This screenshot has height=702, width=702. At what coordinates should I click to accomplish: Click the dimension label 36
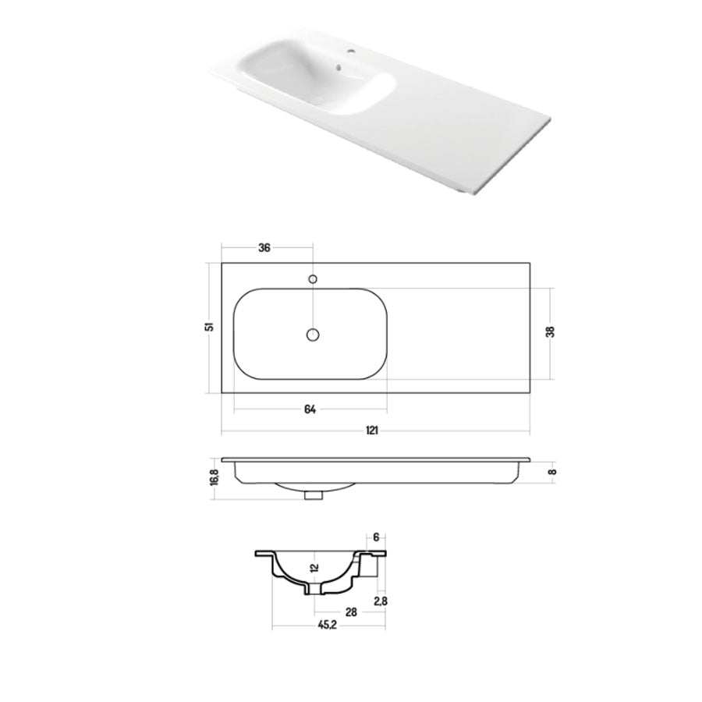pyautogui.click(x=264, y=248)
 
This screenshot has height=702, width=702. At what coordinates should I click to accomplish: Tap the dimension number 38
pyautogui.click(x=551, y=331)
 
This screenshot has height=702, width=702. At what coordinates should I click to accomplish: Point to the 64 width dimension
pyautogui.click(x=310, y=410)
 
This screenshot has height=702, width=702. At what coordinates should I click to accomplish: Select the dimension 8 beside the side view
pyautogui.click(x=551, y=471)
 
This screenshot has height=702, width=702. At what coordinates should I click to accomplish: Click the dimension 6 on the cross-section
pyautogui.click(x=375, y=537)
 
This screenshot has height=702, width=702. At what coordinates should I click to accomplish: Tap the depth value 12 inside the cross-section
pyautogui.click(x=313, y=568)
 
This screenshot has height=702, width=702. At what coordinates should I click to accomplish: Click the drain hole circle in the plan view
pyautogui.click(x=312, y=335)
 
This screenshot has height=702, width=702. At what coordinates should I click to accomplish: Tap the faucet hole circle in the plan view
pyautogui.click(x=313, y=278)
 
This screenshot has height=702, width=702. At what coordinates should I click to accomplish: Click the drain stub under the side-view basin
pyautogui.click(x=314, y=494)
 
